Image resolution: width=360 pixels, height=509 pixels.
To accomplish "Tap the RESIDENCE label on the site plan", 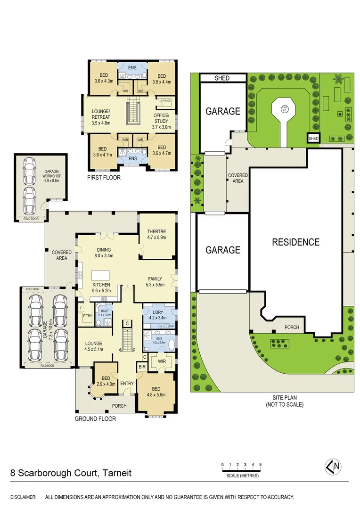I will coord(295,242).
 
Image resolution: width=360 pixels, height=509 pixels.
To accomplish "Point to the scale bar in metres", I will coord(241,469).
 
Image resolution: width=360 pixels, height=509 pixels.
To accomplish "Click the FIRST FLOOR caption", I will coord(104,178).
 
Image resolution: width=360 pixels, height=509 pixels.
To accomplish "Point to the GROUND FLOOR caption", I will coord(95,419).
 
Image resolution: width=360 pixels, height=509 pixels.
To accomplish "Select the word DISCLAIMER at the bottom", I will coord(23,497).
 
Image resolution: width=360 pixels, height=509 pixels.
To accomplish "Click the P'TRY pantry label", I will coord(87,317).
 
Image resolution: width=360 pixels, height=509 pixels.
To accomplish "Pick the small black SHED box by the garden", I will coord(313,138).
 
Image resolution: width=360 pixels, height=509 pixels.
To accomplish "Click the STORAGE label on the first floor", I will coord(165,100).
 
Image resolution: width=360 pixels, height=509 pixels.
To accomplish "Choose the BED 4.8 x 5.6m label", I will coord(156,392).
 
